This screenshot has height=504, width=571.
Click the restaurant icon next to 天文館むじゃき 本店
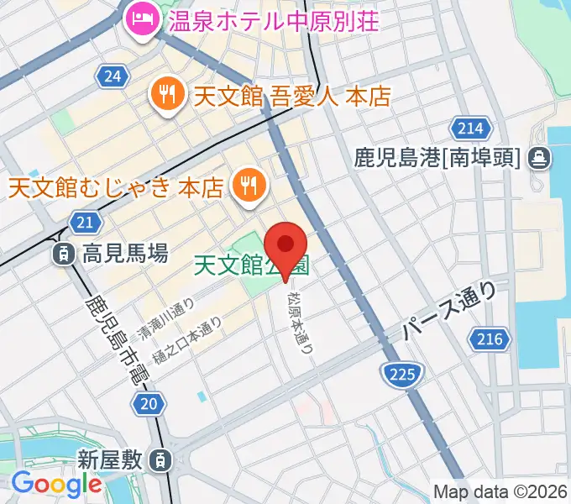click(x=248, y=183)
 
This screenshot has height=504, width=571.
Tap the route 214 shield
click(x=470, y=128)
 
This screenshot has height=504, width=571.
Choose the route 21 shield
click(x=82, y=222)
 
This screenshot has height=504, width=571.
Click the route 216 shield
click(x=493, y=339)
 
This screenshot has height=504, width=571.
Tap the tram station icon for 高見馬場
click(x=63, y=252)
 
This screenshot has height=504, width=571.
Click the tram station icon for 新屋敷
click(x=158, y=459)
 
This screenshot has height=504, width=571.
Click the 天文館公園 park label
click(x=250, y=265)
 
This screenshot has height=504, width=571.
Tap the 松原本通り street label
click(x=300, y=321)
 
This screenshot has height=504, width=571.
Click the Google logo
click(x=56, y=484)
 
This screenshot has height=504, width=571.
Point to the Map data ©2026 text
click(x=500, y=491)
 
